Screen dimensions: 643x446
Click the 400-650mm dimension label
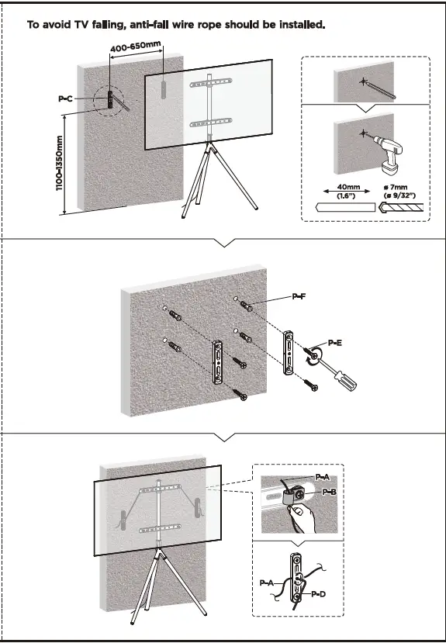135,47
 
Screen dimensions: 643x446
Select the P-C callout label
67,99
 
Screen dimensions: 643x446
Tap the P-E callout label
335,342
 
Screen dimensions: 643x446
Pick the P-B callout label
329,492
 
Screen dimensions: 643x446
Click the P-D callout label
317,593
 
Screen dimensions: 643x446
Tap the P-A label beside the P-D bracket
267,582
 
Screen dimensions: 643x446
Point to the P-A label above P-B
323,475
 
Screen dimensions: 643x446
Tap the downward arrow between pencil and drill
365,109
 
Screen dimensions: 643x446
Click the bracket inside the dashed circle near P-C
111,101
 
